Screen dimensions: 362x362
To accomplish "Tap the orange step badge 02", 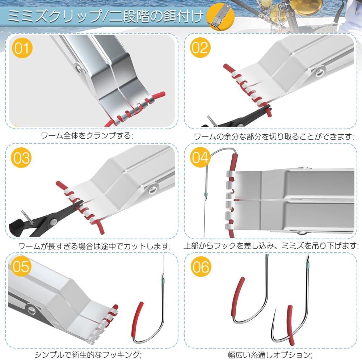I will (200, 48).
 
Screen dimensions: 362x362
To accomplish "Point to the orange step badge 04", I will (200, 158).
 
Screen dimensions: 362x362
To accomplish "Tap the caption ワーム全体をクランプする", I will (87, 136).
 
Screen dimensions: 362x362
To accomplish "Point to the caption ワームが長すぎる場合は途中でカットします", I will (94, 246).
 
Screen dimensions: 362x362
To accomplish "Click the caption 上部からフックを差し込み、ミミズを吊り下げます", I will (271, 246).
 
